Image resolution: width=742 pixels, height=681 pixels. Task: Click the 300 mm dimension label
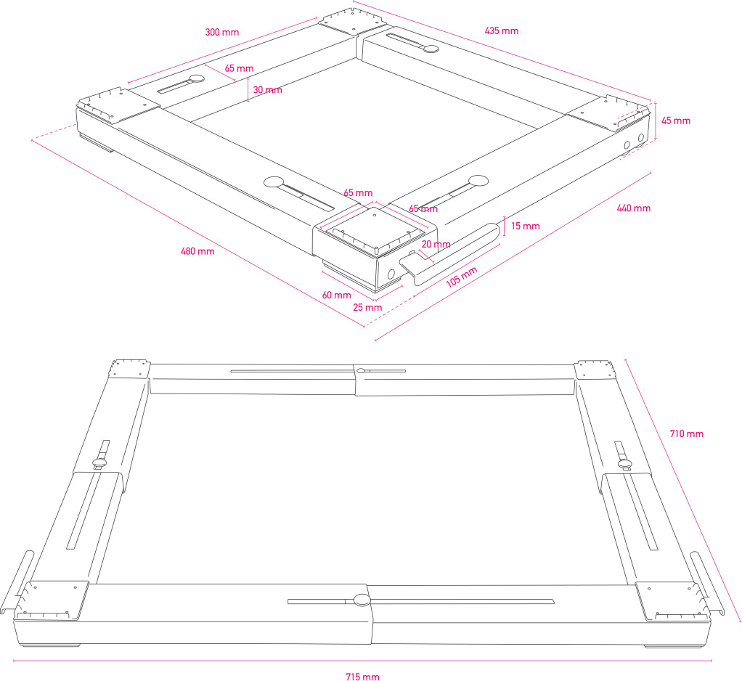(221, 33)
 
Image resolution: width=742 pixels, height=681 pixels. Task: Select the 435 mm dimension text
(501, 30)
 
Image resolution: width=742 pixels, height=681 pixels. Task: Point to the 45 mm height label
(677, 121)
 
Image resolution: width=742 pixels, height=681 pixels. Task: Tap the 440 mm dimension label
(633, 208)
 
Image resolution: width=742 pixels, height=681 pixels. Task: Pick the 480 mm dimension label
(197, 252)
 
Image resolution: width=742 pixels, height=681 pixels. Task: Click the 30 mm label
(267, 90)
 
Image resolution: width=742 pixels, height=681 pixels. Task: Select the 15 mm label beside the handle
(525, 226)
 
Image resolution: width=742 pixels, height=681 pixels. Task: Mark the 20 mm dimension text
(436, 245)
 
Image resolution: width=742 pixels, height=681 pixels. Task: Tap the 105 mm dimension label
(461, 277)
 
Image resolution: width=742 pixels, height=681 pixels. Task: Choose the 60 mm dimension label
(337, 295)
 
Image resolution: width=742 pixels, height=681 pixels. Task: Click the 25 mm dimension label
(367, 307)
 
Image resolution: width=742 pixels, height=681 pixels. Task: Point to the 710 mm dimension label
(686, 434)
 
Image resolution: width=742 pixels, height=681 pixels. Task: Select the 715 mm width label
(362, 677)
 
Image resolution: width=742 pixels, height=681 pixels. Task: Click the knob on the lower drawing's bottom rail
(361, 600)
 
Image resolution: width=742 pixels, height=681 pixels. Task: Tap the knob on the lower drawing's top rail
(361, 371)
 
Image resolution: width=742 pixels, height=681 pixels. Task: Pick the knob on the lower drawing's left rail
(99, 462)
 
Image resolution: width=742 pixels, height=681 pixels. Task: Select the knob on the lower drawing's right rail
(624, 463)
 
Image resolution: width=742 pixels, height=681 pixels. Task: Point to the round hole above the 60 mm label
(391, 274)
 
